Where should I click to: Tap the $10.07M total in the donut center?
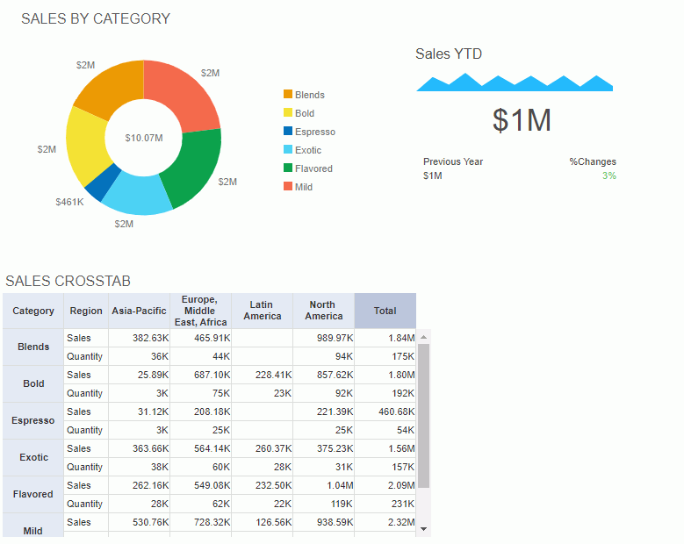click(x=143, y=138)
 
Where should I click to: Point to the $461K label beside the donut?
click(x=69, y=202)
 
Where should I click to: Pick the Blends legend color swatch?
click(x=288, y=95)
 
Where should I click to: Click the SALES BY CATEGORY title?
click(x=96, y=19)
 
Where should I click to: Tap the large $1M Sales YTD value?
click(x=522, y=120)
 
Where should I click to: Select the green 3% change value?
click(x=608, y=175)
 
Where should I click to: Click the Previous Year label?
click(x=453, y=161)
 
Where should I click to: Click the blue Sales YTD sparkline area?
click(x=514, y=84)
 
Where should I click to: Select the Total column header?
click(x=385, y=311)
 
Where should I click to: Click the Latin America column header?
click(x=262, y=311)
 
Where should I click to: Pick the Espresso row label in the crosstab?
click(x=33, y=420)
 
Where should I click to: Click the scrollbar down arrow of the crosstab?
click(x=424, y=529)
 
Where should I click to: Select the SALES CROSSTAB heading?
click(x=68, y=282)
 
